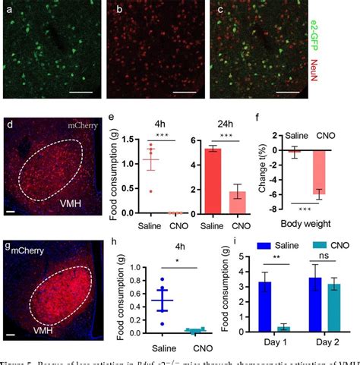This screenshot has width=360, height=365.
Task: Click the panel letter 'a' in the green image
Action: [x=11, y=10]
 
